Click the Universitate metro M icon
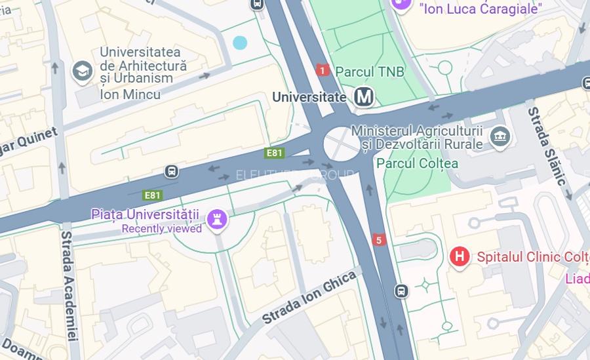[x=364, y=97]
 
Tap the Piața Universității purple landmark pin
[x=217, y=219]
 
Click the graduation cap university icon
[x=83, y=71]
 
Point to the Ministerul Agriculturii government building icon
[x=500, y=137]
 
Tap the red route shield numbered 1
[x=323, y=70]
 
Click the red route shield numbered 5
[x=378, y=240]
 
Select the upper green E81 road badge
[x=275, y=153]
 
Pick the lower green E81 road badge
[x=153, y=195]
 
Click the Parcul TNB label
[x=370, y=71]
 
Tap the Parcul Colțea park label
[x=417, y=163]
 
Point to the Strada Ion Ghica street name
[x=309, y=298]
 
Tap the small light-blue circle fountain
[x=240, y=43]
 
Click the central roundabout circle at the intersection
[x=341, y=143]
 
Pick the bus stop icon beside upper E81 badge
[x=172, y=171]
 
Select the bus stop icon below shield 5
[x=401, y=290]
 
